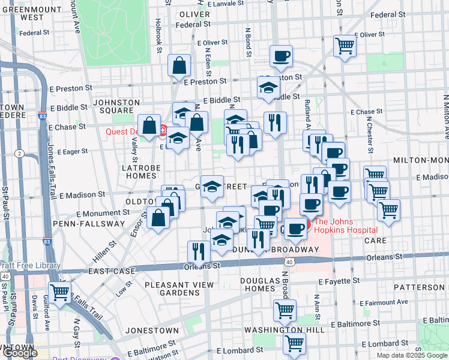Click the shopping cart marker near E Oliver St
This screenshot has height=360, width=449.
click(x=345, y=46)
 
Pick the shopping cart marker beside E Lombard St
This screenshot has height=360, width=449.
click(x=294, y=344)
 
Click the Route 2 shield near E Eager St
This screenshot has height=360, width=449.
click(x=19, y=154)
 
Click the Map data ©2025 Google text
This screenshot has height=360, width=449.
click(x=411, y=355)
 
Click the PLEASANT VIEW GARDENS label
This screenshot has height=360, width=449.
click(x=171, y=289)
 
